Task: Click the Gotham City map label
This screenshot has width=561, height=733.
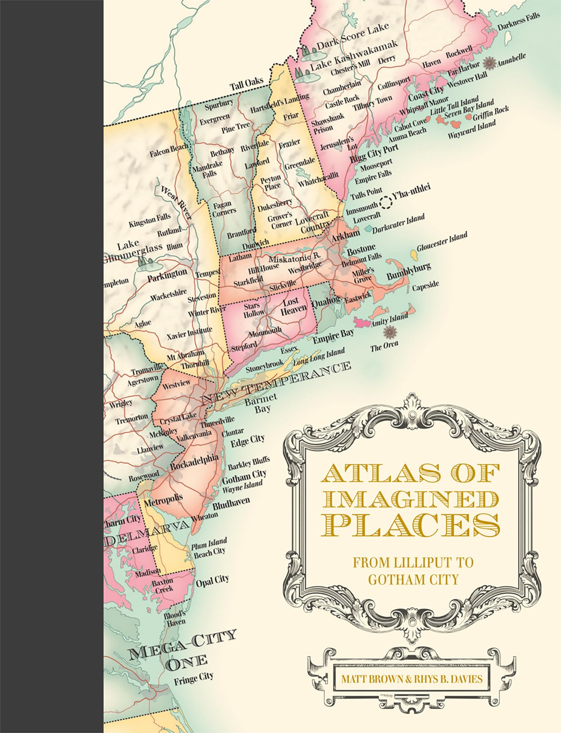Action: [x=244, y=477]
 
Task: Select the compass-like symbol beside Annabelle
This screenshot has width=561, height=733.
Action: [x=488, y=63]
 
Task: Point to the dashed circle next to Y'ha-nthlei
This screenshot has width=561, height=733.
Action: [x=386, y=203]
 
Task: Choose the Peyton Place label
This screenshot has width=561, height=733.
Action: [x=270, y=182]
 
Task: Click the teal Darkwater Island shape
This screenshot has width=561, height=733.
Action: [x=367, y=230]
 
